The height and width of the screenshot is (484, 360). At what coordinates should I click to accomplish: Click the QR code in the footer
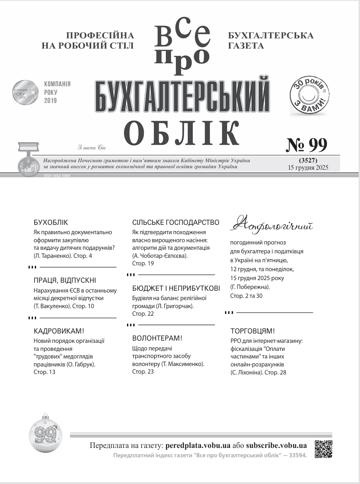[x=324, y=449]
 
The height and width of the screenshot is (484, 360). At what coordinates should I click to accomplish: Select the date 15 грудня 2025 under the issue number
[x=308, y=167]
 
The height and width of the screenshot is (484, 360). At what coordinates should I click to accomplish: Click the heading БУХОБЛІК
[x=51, y=222]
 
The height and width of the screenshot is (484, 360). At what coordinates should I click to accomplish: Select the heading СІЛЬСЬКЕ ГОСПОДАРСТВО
[x=176, y=222]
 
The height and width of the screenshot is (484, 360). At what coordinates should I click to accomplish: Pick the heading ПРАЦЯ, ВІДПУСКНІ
[x=65, y=281]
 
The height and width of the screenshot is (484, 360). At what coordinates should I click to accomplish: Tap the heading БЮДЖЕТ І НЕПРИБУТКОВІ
[x=176, y=289]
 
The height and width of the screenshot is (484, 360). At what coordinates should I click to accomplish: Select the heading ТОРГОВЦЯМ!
[x=253, y=331]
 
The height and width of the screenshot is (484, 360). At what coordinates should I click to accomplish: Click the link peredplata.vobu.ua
[x=197, y=445]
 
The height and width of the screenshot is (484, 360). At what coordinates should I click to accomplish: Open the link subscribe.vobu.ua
[x=276, y=445]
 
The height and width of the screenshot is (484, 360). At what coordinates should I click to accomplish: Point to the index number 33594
[x=296, y=456]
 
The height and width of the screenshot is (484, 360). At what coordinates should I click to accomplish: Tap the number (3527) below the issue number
[x=308, y=160]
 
